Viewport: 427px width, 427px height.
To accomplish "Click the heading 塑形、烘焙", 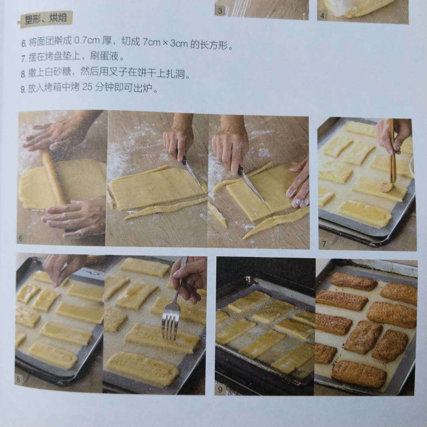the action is pyautogui.click(x=46, y=19).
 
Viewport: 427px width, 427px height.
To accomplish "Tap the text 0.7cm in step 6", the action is pyautogui.click(x=87, y=41).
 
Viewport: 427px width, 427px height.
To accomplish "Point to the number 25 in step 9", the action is pyautogui.click(x=87, y=87).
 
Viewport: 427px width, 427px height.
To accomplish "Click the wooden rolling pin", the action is pyautogui.click(x=54, y=177).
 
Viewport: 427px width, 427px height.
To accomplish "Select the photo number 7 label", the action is pyautogui.click(x=324, y=244).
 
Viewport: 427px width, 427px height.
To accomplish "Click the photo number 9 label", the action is pyautogui.click(x=220, y=389).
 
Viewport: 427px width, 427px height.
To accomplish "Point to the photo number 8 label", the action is pyautogui.click(x=19, y=379).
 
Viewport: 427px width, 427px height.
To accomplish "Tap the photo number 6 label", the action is pyautogui.click(x=21, y=238).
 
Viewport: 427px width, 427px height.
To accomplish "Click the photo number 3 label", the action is pyautogui.click(x=220, y=11).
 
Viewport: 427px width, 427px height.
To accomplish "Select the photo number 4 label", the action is pyautogui.click(x=322, y=15).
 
